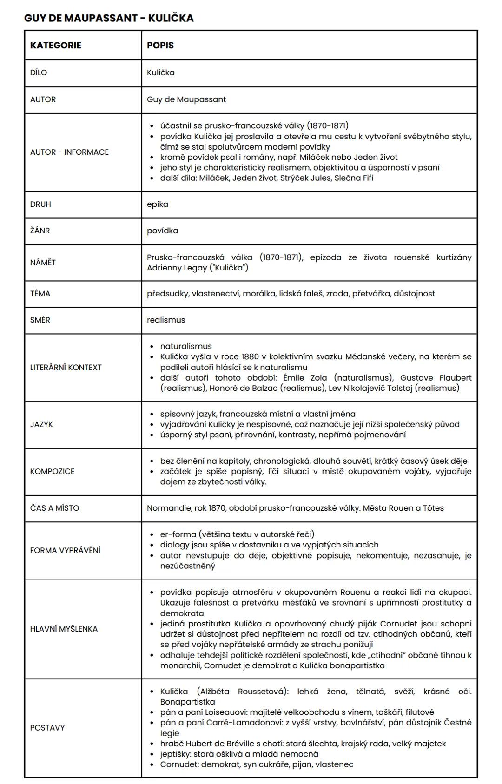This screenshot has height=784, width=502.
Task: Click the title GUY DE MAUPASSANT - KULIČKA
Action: coord(109,18)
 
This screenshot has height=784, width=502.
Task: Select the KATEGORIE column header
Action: coord(55,45)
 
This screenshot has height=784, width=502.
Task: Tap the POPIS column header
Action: coord(160,45)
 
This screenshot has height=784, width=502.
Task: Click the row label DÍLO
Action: coord(39,72)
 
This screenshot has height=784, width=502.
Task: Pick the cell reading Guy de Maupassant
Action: coord(186,99)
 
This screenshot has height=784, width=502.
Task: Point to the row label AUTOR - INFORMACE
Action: coord(69,152)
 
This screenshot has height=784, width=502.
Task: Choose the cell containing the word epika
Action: coord(158,204)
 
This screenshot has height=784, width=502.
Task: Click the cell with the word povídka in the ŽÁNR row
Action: coord(162,231)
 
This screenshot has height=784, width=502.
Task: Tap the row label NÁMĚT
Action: coord(43,263)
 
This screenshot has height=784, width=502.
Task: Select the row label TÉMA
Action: coord(40,293)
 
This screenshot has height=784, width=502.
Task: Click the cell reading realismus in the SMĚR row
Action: coord(166,320)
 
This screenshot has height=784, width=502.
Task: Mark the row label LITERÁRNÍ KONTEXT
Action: coord(66,367)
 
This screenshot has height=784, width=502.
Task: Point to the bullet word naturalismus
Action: coord(186,346)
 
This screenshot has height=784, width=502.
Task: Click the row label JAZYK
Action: coord(41,424)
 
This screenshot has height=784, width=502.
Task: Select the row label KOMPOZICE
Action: coord(52,471)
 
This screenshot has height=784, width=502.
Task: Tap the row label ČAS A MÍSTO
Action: coord(54,508)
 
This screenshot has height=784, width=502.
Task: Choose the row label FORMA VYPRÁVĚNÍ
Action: coord(65,550)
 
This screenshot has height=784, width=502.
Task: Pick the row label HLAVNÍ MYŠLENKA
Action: coord(64,629)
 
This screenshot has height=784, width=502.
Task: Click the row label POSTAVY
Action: coord(47,728)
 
